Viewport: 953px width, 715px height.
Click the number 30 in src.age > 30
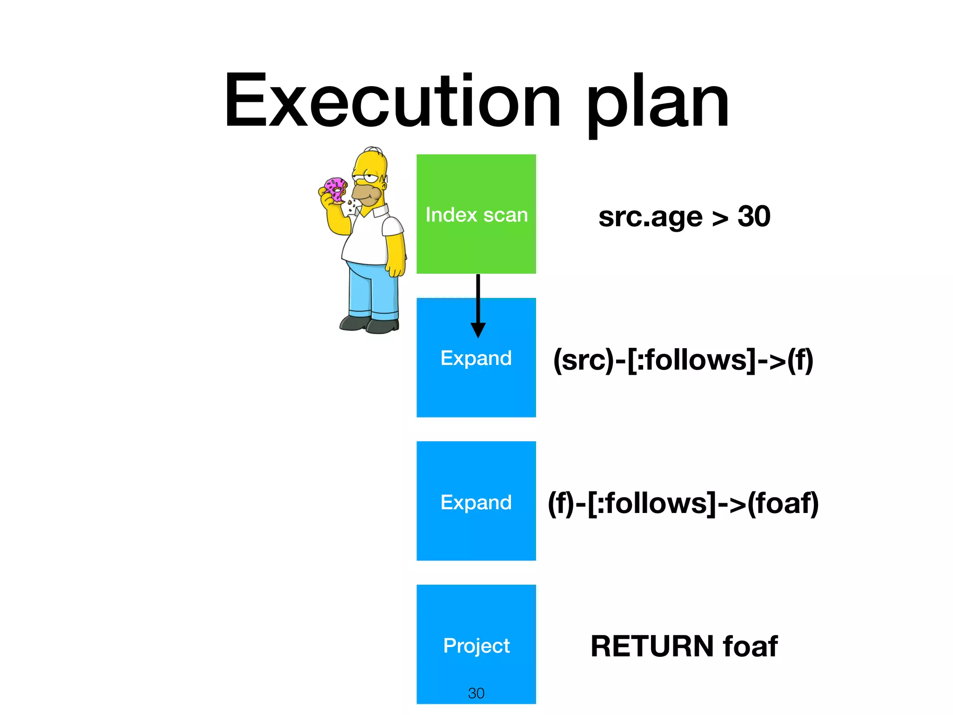(x=754, y=216)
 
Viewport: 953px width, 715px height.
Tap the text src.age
(x=650, y=217)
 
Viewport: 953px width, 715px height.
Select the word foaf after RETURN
(x=750, y=646)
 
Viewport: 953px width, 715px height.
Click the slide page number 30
(x=476, y=693)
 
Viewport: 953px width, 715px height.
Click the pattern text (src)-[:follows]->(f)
(x=683, y=360)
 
